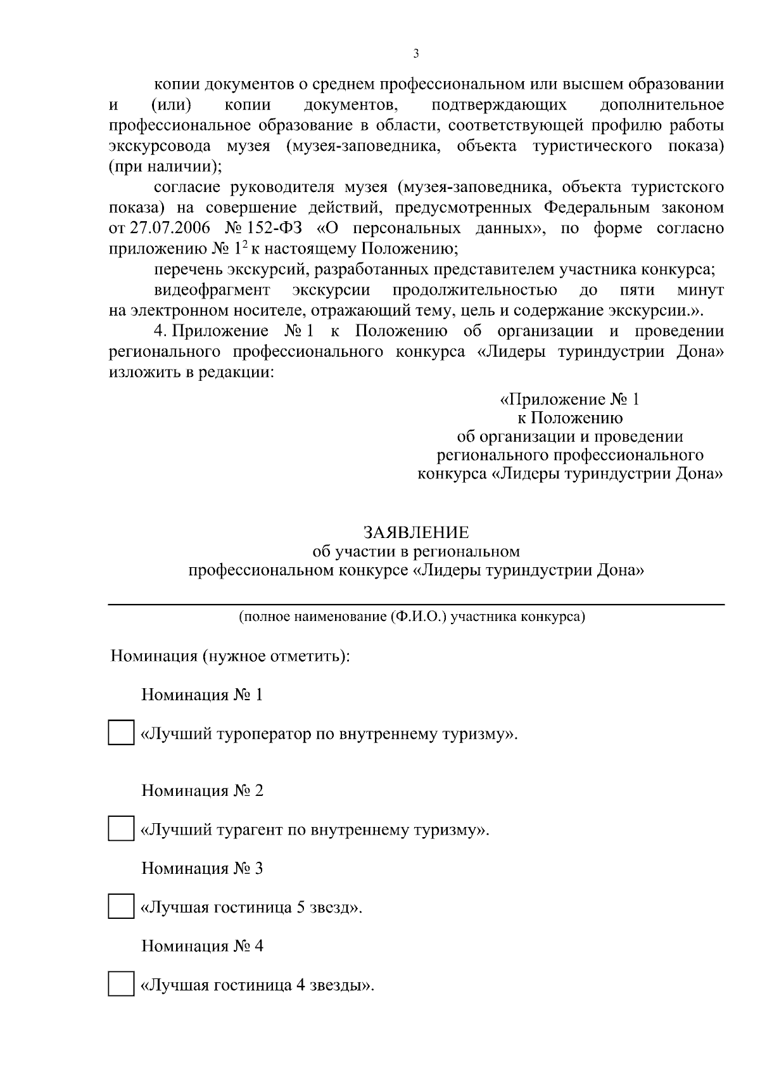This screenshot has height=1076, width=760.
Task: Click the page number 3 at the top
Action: click(415, 54)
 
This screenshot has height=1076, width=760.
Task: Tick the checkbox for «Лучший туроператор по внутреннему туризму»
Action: click(120, 733)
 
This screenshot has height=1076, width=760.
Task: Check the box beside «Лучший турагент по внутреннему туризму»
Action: click(120, 828)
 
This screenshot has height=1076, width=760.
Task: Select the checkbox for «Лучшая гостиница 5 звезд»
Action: click(120, 906)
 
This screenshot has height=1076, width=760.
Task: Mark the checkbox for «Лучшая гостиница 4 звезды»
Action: click(120, 984)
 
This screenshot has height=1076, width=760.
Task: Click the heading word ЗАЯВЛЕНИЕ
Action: click(415, 532)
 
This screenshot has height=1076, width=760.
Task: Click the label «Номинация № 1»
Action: click(201, 695)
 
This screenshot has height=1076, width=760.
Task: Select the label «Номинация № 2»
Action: click(201, 791)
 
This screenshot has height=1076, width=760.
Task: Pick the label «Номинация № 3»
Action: click(201, 868)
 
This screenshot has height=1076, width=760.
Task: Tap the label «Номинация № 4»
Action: click(201, 946)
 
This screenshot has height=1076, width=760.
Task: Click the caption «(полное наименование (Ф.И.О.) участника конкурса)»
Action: click(412, 617)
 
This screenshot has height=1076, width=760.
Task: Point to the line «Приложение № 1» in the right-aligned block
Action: click(570, 400)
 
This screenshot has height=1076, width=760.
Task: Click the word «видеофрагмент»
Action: click(212, 290)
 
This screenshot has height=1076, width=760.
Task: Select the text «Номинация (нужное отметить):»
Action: click(231, 656)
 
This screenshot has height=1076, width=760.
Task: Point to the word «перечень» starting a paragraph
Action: click(188, 269)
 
